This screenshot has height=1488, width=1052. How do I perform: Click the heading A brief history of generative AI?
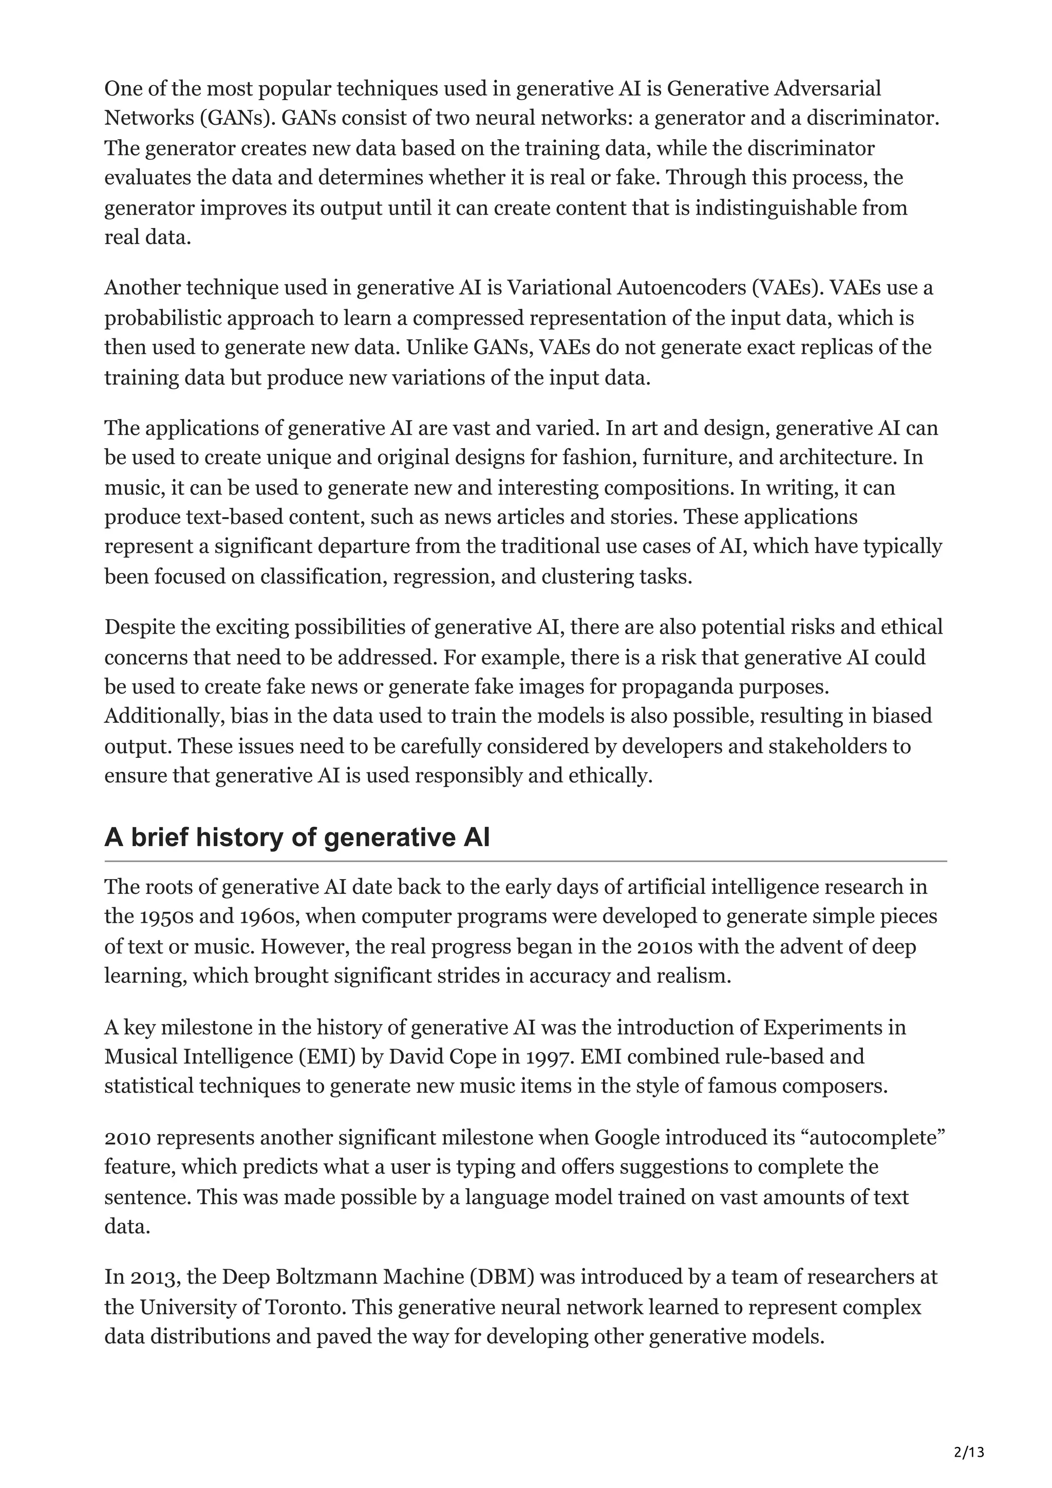click(x=297, y=837)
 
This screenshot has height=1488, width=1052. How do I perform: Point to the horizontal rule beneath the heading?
click(x=525, y=861)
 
